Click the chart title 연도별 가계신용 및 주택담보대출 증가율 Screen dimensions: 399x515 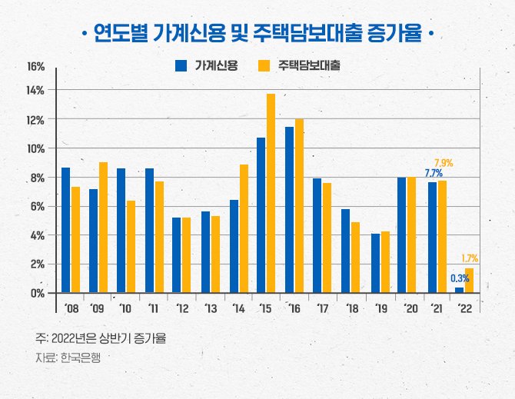tap(257, 33)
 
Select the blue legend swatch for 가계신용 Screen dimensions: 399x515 tap(182, 66)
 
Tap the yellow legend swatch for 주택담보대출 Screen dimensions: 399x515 tap(265, 66)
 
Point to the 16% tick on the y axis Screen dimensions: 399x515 tap(35, 67)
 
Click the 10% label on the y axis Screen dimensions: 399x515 tap(35, 148)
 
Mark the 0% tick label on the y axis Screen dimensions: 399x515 tap(37, 293)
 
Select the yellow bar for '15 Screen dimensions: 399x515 tap(271, 193)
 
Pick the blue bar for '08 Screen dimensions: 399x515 tap(65, 230)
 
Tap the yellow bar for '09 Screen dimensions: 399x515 tap(103, 227)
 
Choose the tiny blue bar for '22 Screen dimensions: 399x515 tap(459, 290)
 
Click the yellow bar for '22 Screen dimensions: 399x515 tap(469, 281)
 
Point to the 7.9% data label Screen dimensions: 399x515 tap(444, 163)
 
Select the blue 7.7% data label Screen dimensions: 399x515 tap(434, 174)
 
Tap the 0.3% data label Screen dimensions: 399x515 tap(460, 278)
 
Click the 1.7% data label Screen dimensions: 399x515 tap(470, 258)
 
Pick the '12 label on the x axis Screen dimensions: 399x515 tap(182, 308)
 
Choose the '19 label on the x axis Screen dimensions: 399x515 tap(380, 308)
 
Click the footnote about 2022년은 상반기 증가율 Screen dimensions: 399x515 tap(101, 338)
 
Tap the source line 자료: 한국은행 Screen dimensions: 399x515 tap(68, 357)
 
